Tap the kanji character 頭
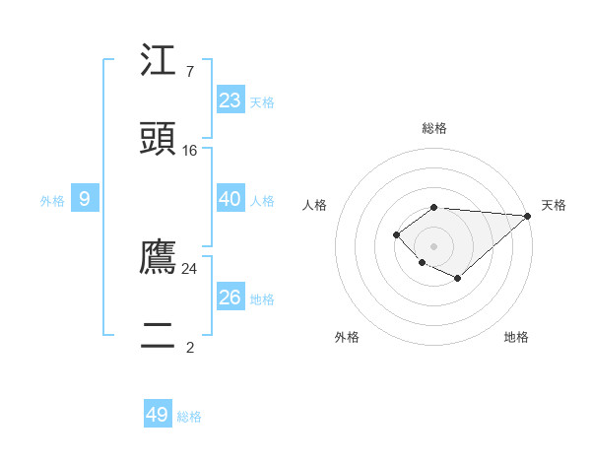click(x=159, y=139)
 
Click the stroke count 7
click(x=190, y=72)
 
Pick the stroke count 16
click(x=190, y=151)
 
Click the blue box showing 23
click(x=230, y=99)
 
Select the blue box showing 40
click(x=230, y=198)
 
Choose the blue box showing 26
click(x=230, y=297)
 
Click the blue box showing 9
click(x=85, y=199)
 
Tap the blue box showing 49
click(x=158, y=415)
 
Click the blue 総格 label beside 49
click(x=190, y=417)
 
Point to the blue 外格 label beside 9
click(x=52, y=201)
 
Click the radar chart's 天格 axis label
click(x=554, y=205)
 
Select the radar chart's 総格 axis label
click(x=434, y=128)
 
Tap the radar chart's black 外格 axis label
click(x=347, y=337)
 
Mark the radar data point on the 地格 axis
click(x=458, y=279)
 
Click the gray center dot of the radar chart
click(x=434, y=245)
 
